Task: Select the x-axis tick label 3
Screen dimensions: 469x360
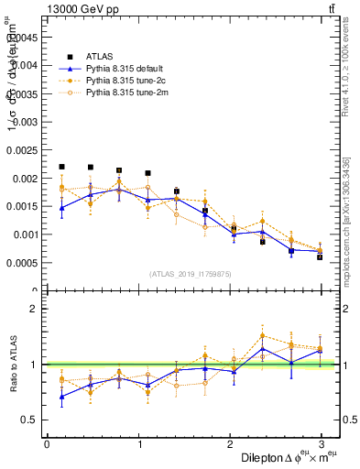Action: point(321,444)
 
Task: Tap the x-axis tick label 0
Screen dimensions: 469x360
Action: point(47,444)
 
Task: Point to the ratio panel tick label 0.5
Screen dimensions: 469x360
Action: point(30,420)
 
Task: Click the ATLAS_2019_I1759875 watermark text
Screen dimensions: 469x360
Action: point(190,273)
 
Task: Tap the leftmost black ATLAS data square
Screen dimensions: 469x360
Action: point(61,167)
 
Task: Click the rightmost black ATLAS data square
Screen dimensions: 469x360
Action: point(320,256)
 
